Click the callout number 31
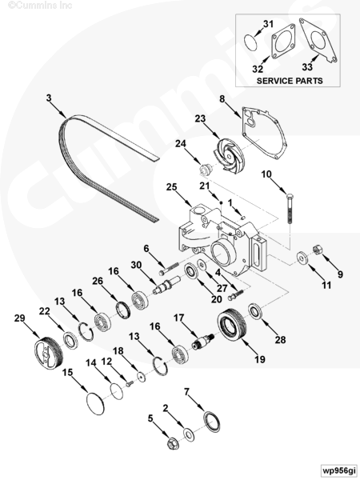pyautogui.click(x=268, y=24)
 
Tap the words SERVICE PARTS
pyautogui.click(x=290, y=81)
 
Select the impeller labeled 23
pyautogui.click(x=227, y=155)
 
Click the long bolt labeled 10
pyautogui.click(x=290, y=209)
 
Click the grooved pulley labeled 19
pyautogui.click(x=231, y=325)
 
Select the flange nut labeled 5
pyautogui.click(x=174, y=443)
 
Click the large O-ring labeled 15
pyautogui.click(x=96, y=403)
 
